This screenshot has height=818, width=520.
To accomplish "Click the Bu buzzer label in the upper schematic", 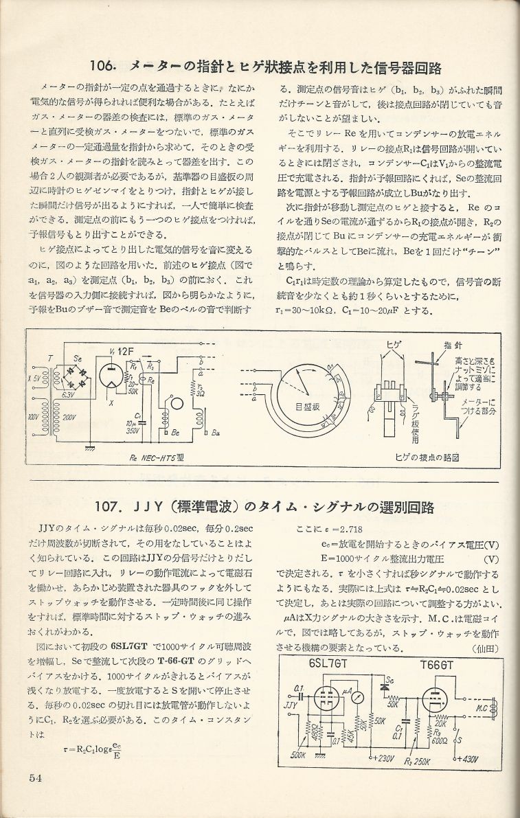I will (x=216, y=433).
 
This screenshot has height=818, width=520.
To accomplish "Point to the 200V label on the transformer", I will (x=69, y=418).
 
